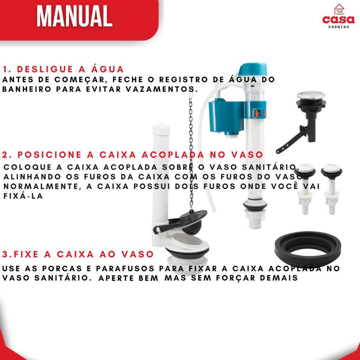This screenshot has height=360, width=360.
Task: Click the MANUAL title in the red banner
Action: tap(75, 16)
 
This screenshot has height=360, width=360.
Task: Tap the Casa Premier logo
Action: tap(339, 16)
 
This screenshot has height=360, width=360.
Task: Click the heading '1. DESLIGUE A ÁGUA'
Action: tap(63, 69)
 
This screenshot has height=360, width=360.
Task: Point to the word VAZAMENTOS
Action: tap(162, 89)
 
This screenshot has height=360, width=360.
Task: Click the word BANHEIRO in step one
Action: tap(27, 89)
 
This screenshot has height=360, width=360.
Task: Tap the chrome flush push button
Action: tap(311, 95)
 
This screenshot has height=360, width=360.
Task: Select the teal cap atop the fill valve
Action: tap(252, 69)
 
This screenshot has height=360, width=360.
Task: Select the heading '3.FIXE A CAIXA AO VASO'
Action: tap(78, 255)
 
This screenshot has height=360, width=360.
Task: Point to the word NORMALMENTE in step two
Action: tap(43, 186)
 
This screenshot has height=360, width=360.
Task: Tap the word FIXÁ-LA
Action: tap(23, 196)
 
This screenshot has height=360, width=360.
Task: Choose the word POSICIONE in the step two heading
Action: tap(49, 155)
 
